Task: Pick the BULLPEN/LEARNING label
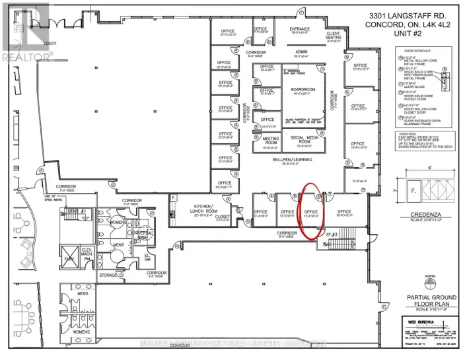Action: coord(297,161)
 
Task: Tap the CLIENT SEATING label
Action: coord(333,34)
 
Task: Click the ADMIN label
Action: coord(302,53)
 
